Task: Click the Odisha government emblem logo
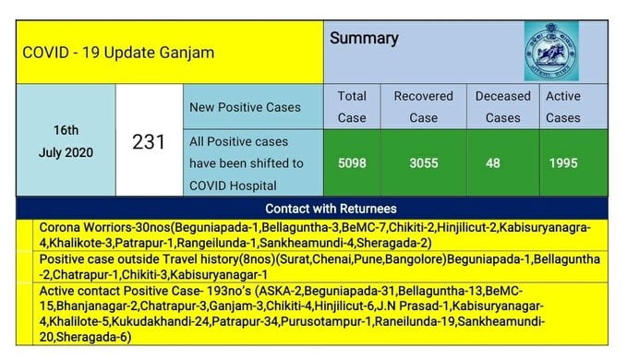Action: tap(551, 51)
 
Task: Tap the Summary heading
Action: tap(364, 39)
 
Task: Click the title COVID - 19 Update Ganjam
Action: tap(118, 53)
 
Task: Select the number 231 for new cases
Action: tap(149, 142)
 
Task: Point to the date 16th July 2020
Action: tap(66, 141)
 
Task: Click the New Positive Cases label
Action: tap(245, 107)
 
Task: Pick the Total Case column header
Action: tap(352, 107)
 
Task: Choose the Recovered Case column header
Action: tap(424, 107)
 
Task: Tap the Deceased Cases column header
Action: tap(503, 107)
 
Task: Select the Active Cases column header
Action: tap(563, 107)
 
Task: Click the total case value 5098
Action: tap(352, 163)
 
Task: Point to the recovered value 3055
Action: tap(424, 163)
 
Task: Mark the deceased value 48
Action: tap(493, 163)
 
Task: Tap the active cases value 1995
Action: tap(563, 163)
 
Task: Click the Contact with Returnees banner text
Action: tap(331, 209)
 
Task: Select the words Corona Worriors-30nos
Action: tap(105, 227)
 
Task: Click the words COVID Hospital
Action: tap(233, 186)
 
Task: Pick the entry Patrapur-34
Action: tap(245, 321)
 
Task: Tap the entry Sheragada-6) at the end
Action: tap(94, 337)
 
